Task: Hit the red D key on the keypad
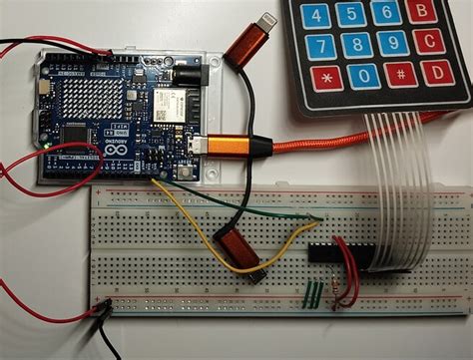(x=436, y=73)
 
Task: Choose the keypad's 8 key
(x=356, y=45)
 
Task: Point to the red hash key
(x=399, y=75)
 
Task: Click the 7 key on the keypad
(x=319, y=46)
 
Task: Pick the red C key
(x=430, y=41)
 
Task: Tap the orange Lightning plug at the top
(x=245, y=42)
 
